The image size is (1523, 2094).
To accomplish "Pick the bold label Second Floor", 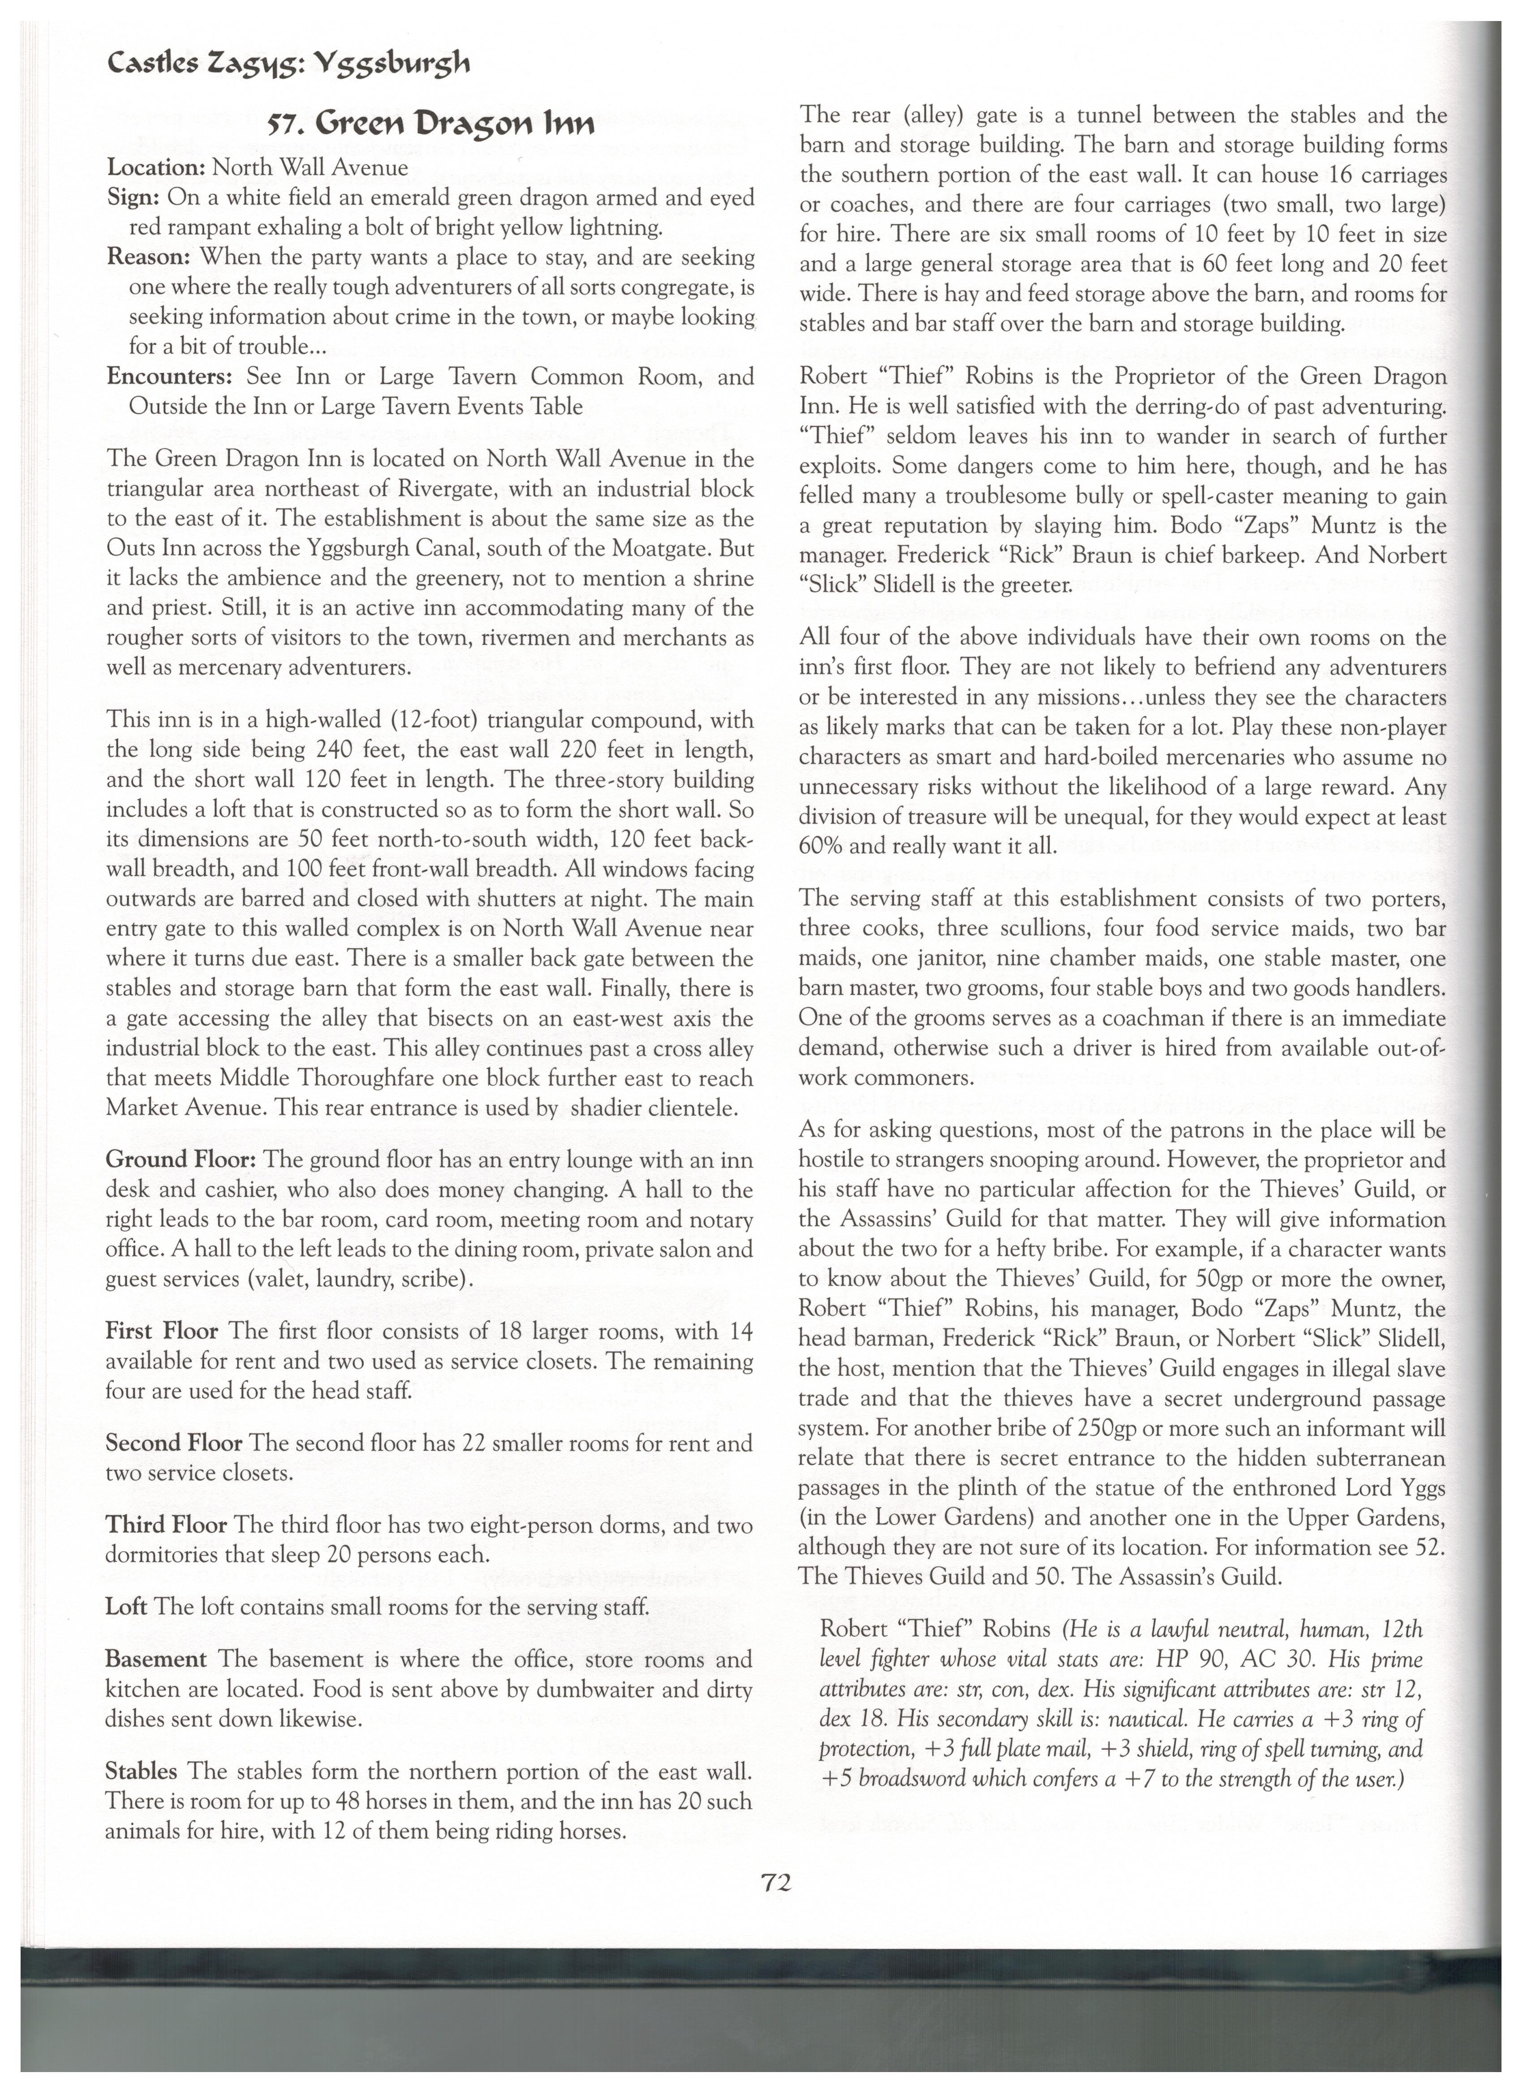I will pyautogui.click(x=174, y=1442).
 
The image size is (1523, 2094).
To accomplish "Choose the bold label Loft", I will pyautogui.click(x=126, y=1606).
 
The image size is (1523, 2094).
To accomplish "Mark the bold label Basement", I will pyautogui.click(x=156, y=1659).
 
